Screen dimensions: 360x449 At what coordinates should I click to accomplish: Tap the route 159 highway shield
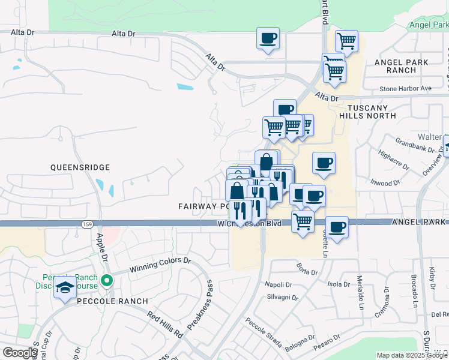88,223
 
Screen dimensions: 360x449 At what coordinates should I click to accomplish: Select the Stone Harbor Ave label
405,88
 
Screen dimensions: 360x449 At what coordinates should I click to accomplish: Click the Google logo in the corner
20,353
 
